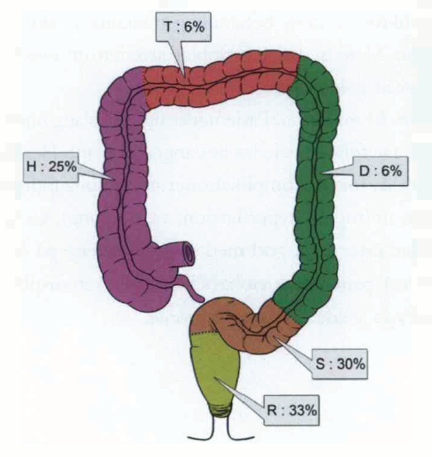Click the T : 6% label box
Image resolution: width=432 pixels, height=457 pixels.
pyautogui.click(x=184, y=27)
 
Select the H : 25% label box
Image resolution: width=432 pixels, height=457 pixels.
pyautogui.click(x=50, y=167)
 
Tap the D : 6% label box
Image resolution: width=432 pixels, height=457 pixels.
pyautogui.click(x=381, y=171)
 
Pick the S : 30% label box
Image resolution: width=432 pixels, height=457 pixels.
pyautogui.click(x=340, y=364)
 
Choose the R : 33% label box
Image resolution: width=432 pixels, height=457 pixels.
pyautogui.click(x=291, y=410)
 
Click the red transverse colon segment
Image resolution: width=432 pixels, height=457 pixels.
pyautogui.click(x=220, y=81)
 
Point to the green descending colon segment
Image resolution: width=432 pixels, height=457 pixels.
pyautogui.click(x=317, y=183)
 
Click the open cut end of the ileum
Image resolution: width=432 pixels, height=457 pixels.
pyautogui.click(x=189, y=253)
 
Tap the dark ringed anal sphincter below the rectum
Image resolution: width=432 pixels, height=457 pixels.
pyautogui.click(x=220, y=412)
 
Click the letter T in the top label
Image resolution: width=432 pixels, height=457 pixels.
pyautogui.click(x=168, y=27)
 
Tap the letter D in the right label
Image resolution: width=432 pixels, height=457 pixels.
pyautogui.click(x=364, y=171)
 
